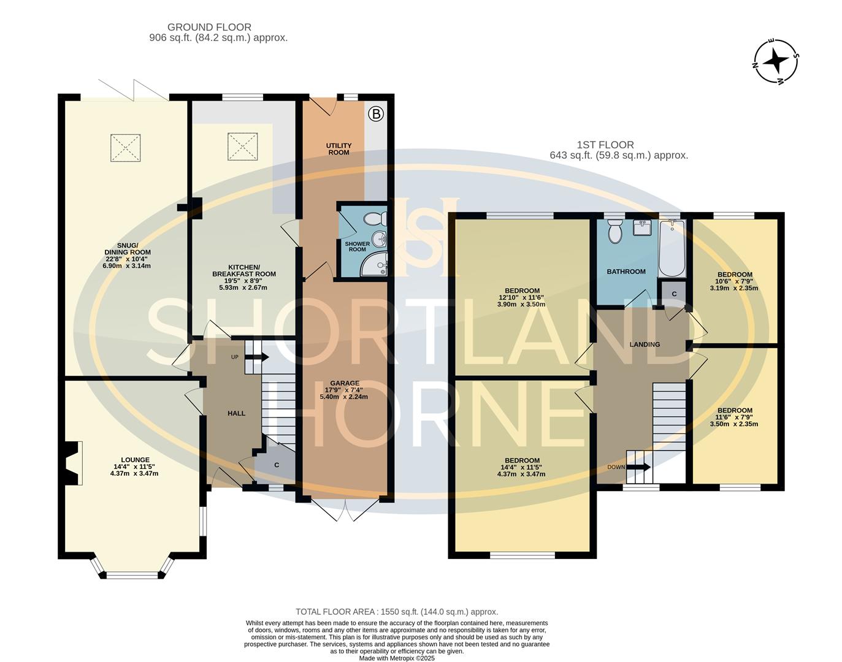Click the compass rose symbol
coord(776,61)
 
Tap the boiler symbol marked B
coord(376,113)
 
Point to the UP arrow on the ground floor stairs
coord(258,357)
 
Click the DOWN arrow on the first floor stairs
coord(638,467)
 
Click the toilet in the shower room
coord(374,218)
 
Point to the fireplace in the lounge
coord(72,463)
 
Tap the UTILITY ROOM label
coord(339,149)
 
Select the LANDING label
coord(645,344)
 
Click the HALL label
coord(236,413)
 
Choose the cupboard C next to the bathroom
coord(673,294)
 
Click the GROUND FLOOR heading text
coord(209,27)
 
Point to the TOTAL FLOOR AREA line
coord(397,612)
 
